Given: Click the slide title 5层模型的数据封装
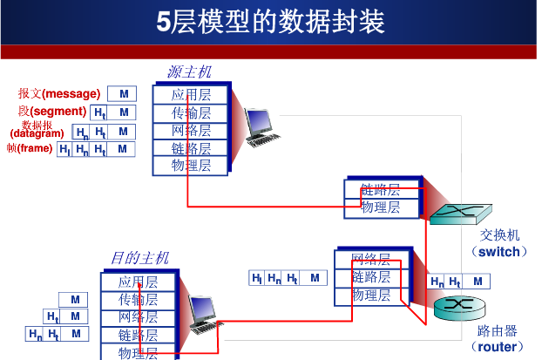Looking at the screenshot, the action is [x=270, y=21].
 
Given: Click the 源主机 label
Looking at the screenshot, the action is [x=188, y=71].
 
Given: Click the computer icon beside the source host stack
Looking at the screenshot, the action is [x=261, y=127].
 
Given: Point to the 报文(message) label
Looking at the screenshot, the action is [x=59, y=93].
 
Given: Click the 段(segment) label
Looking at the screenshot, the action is [x=52, y=112].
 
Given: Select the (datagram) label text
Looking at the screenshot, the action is [x=37, y=133].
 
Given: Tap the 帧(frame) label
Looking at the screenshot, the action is [x=29, y=149].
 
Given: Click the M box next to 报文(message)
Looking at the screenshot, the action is [x=124, y=93].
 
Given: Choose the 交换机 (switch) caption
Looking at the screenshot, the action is [x=499, y=243].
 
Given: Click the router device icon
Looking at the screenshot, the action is [x=454, y=305].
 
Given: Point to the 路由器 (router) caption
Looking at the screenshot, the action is [x=498, y=339].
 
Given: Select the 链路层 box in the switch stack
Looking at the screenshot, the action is [x=381, y=189].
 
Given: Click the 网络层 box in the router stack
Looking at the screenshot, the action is [x=370, y=259].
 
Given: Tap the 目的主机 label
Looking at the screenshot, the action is [x=139, y=257].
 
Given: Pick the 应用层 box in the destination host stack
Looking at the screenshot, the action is [x=139, y=282].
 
